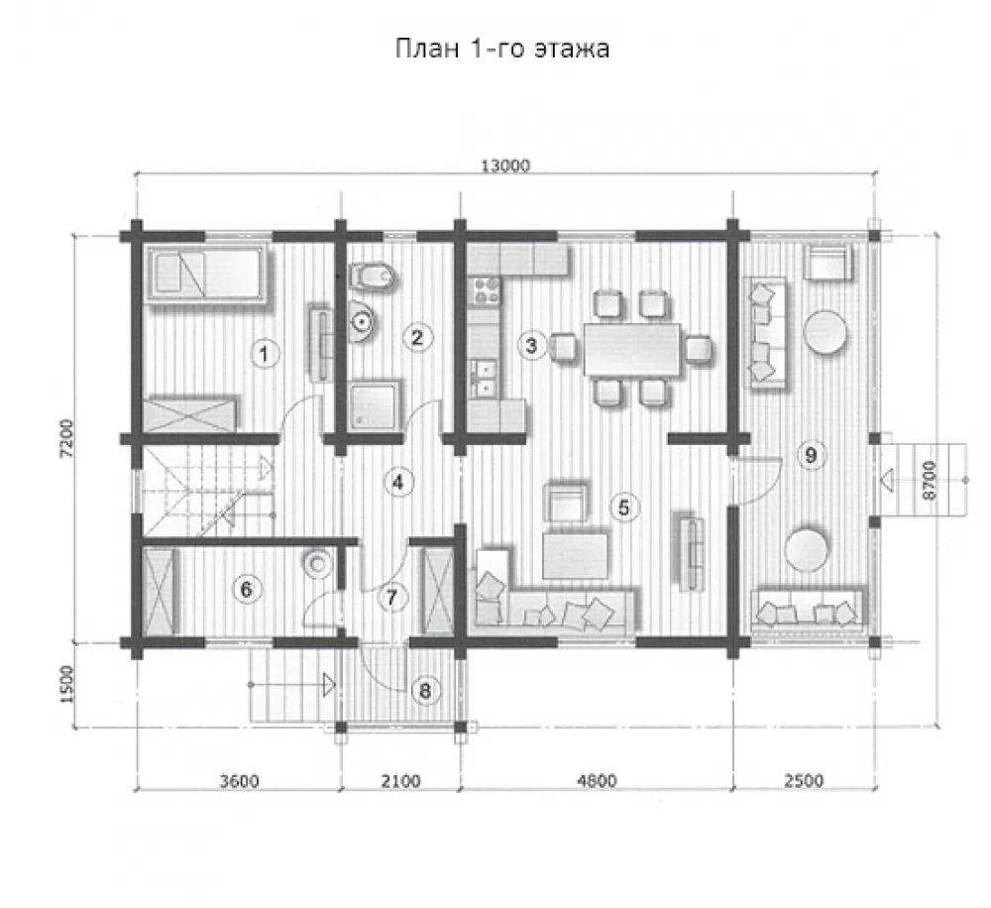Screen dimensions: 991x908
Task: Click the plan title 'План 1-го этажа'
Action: click(x=502, y=49)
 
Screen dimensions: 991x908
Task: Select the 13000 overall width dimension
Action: click(x=505, y=166)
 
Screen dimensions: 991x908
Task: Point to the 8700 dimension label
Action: click(x=929, y=481)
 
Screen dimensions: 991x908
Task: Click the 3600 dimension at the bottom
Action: click(x=239, y=781)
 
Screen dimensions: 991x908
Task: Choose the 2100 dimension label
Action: click(x=400, y=781)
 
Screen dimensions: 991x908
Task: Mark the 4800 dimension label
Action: click(x=597, y=781)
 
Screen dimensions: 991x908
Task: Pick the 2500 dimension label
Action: click(x=804, y=781)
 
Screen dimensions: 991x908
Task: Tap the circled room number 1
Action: click(x=265, y=353)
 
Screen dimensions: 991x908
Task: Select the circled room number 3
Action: click(x=531, y=345)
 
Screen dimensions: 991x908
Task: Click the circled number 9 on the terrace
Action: click(x=811, y=455)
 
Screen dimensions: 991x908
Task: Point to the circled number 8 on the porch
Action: click(x=425, y=691)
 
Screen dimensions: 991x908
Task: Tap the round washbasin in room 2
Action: click(x=361, y=321)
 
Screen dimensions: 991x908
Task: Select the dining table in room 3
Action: click(x=632, y=349)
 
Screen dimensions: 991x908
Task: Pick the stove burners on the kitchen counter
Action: click(x=486, y=290)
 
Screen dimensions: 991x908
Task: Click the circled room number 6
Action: click(x=246, y=590)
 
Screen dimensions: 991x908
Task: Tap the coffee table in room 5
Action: click(x=576, y=555)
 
